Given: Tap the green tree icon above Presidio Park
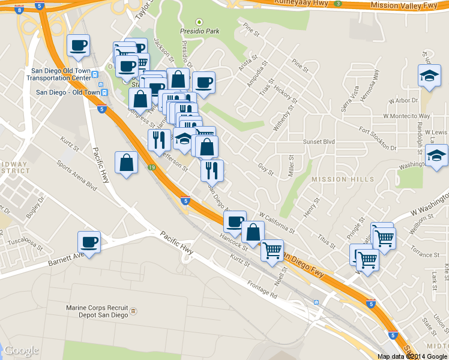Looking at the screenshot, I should pos(199,22).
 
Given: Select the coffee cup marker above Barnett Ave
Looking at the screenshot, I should pos(89,243).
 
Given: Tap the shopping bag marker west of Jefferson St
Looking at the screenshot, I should pos(127,163).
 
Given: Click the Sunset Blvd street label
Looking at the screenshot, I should pos(321,142).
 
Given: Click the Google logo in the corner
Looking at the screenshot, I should pos(21,350).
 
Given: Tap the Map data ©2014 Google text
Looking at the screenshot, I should pos(412,356).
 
